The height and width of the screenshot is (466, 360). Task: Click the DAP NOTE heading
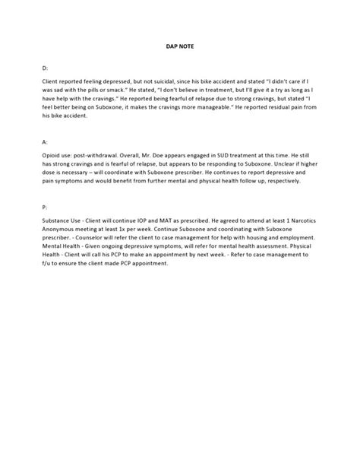(x=180, y=45)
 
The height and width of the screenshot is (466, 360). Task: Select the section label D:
(x=45, y=68)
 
